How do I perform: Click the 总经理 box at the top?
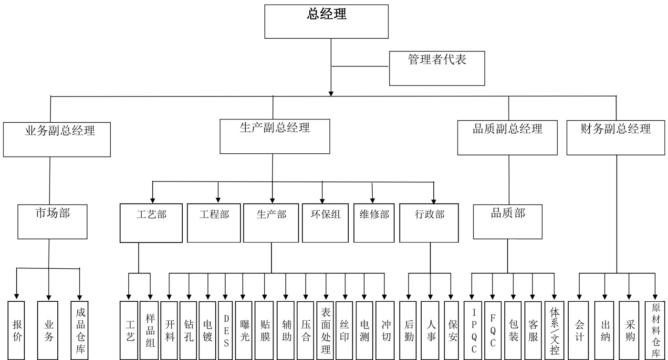click(x=326, y=21)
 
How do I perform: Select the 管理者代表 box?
click(x=437, y=68)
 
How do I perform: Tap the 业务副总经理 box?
click(x=57, y=139)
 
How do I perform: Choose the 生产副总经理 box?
click(x=274, y=136)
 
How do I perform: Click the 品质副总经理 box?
click(x=507, y=138)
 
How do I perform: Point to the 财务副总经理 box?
click(x=616, y=138)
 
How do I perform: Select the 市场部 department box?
click(x=52, y=222)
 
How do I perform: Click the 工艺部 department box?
click(x=151, y=223)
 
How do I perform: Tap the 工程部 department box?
click(x=214, y=223)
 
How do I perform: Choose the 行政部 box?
click(x=429, y=223)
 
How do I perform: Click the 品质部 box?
click(x=508, y=222)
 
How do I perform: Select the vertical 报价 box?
click(x=17, y=330)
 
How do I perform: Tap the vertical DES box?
click(x=226, y=330)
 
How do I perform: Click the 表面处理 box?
click(x=326, y=330)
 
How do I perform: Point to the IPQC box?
click(x=473, y=330)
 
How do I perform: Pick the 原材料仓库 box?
click(x=656, y=330)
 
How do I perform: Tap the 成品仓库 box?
click(x=80, y=330)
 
